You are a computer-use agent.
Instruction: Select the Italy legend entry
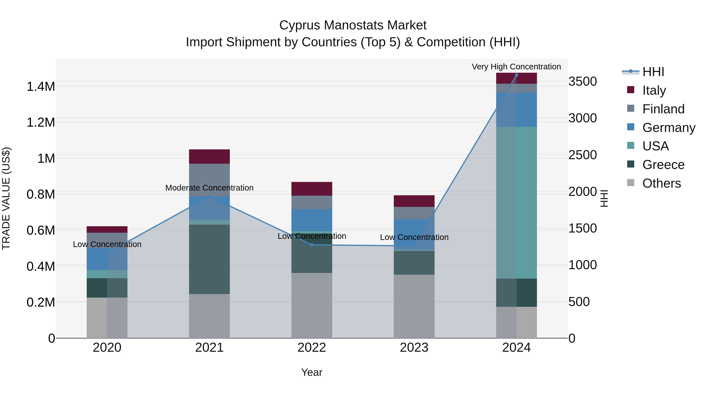[x=654, y=90]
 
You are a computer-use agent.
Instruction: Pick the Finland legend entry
[x=663, y=109]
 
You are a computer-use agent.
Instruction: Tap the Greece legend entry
[x=663, y=165]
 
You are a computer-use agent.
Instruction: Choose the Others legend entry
[x=661, y=183]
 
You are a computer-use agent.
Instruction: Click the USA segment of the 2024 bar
[x=516, y=203]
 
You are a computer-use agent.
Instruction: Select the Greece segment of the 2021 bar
[x=209, y=259]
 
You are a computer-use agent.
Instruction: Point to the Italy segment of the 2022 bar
[x=312, y=189]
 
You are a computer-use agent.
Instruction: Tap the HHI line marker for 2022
[x=312, y=245]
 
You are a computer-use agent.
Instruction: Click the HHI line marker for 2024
[x=516, y=75]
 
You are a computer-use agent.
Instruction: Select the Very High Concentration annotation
[x=516, y=67]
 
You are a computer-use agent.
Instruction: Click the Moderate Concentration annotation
[x=209, y=188]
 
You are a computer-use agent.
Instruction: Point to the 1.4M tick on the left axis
[x=41, y=87]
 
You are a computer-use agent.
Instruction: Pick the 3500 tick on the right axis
[x=582, y=81]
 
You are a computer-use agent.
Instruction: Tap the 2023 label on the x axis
[x=414, y=348]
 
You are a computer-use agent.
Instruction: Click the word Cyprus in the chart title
[x=300, y=25]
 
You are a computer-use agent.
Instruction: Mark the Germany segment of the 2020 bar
[x=107, y=259]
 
